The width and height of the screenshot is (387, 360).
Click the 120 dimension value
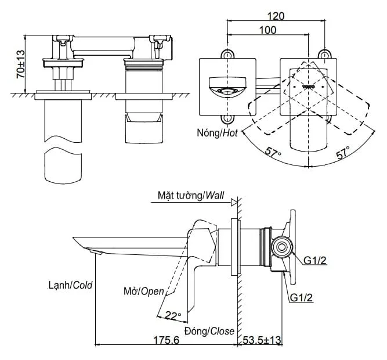(276, 16)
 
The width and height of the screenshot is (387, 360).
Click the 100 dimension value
(268, 30)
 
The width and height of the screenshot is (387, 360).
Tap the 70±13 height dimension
(20, 64)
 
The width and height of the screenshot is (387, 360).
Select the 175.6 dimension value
(166, 340)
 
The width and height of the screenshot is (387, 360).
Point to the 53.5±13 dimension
(262, 340)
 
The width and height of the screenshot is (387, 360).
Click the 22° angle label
(173, 315)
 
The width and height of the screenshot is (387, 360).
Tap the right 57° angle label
(343, 152)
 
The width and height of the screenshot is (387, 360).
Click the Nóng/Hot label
(217, 133)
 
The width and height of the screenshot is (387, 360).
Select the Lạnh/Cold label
(70, 285)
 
